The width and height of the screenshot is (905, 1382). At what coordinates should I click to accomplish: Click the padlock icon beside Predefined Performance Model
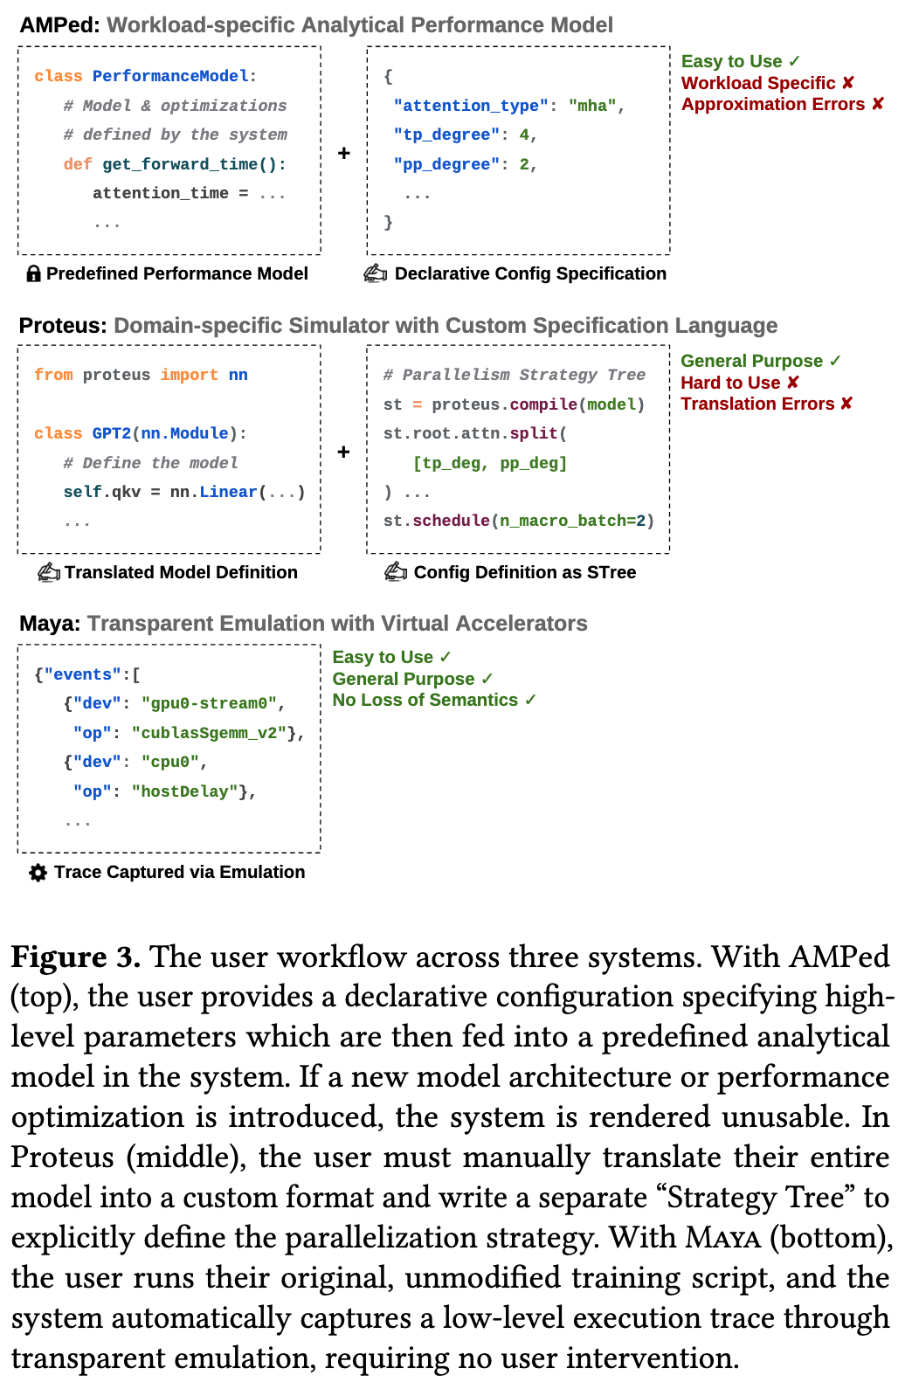click(33, 273)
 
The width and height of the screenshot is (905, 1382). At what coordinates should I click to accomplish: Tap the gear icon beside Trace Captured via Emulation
click(38, 873)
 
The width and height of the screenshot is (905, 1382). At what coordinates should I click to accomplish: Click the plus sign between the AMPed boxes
click(343, 152)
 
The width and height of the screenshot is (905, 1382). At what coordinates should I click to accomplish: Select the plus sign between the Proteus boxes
click(343, 452)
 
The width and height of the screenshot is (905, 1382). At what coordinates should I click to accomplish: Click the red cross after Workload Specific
click(848, 82)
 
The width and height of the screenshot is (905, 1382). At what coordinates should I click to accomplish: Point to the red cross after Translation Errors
click(846, 403)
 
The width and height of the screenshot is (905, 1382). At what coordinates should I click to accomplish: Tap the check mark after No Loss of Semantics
click(530, 700)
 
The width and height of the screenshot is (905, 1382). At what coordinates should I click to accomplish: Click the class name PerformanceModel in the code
click(170, 76)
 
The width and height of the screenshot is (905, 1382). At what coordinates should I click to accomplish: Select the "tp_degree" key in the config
click(446, 135)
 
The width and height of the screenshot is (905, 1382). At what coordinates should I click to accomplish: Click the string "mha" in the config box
click(592, 106)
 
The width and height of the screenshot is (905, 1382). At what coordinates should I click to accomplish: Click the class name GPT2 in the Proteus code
click(112, 433)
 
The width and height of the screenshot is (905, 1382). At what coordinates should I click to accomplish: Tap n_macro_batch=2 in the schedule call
click(572, 522)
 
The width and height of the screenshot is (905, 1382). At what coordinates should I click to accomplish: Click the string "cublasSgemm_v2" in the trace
click(209, 733)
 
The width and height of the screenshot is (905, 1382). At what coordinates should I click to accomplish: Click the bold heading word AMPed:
click(60, 25)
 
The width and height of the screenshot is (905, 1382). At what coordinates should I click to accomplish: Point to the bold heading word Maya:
click(50, 624)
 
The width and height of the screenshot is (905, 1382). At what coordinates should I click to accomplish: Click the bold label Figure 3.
click(76, 957)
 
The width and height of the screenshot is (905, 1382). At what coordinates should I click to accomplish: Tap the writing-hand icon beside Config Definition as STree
click(396, 572)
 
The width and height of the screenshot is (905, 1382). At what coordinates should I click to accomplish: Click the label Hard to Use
click(730, 383)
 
